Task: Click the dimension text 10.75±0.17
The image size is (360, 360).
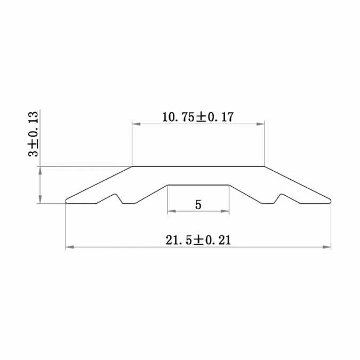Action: [x=198, y=117]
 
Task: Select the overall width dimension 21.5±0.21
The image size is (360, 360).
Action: [x=198, y=241]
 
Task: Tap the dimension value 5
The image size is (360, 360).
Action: [x=198, y=205]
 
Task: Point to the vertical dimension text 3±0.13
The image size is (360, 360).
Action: [x=33, y=134]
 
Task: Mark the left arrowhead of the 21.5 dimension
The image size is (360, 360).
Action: [x=69, y=247]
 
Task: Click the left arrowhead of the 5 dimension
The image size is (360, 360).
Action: [x=171, y=212]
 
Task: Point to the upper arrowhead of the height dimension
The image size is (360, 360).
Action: [x=39, y=170]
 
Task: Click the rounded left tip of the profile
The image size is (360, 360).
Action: [x=67, y=201]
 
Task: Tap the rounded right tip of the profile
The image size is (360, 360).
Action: [x=330, y=201]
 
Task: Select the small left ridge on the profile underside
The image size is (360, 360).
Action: [x=116, y=196]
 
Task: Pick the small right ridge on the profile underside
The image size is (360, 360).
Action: [x=280, y=196]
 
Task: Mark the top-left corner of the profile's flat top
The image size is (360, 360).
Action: [x=132, y=166]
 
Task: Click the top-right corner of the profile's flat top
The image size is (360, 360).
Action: [x=265, y=166]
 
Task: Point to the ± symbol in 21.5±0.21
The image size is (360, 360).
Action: [x=199, y=241]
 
